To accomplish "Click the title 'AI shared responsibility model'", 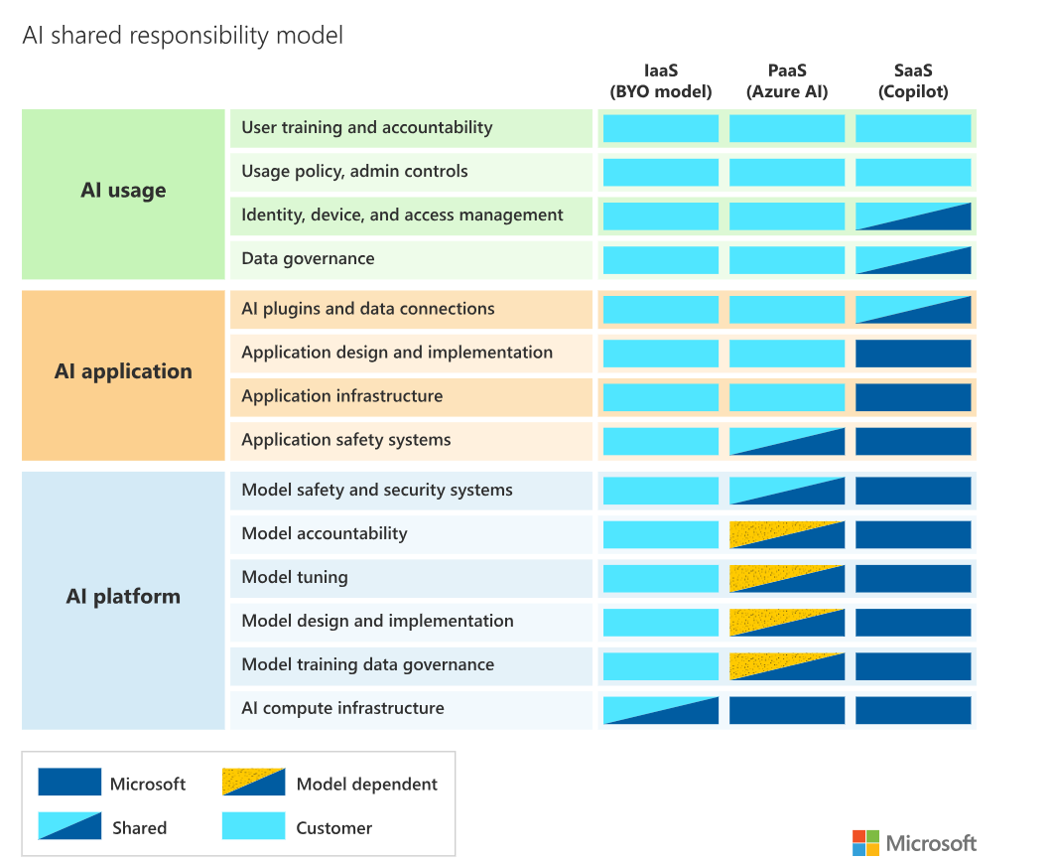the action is [183, 35].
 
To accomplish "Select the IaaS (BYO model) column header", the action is [661, 80].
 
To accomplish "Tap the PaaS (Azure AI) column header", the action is [787, 80].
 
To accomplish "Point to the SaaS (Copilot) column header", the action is [913, 80].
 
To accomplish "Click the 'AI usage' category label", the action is [123, 191].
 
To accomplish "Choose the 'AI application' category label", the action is [123, 371].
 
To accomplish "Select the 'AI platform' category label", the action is [123, 597].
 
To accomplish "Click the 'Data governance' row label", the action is [308, 259].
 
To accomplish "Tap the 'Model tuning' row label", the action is [295, 578].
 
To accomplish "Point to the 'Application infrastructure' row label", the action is [342, 396].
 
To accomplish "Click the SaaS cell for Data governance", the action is [913, 260].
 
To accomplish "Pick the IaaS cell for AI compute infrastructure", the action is [661, 711].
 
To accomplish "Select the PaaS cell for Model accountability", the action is [787, 535].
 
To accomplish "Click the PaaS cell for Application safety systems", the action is [787, 442].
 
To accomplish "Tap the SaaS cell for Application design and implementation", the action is [913, 354].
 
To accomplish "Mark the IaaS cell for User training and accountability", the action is [661, 128].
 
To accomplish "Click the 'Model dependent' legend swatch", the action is [253, 782].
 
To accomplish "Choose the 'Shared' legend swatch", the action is [69, 825].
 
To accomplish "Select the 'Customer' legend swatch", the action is [253, 825].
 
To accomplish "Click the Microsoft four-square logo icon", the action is [865, 843].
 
